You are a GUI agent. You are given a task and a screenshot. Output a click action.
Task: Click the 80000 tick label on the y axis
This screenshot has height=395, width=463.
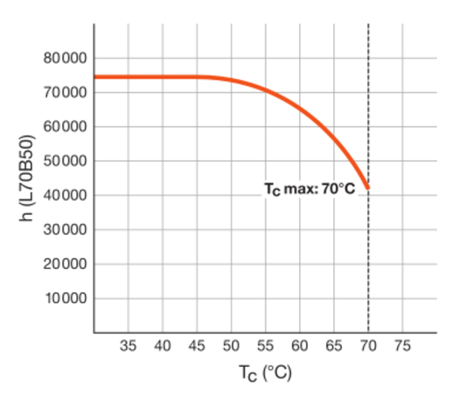tap(65, 58)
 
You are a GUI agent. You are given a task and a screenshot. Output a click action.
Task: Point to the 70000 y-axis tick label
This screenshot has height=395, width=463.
tap(65, 93)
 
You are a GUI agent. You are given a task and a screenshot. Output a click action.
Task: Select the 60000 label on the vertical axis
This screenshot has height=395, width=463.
tap(65, 127)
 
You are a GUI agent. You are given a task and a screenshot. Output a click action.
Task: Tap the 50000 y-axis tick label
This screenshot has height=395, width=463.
tap(65, 161)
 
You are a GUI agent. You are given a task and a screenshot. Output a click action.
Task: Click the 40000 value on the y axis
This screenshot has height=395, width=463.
tap(65, 195)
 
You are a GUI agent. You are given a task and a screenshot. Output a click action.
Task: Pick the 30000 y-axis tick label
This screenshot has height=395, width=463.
tap(65, 229)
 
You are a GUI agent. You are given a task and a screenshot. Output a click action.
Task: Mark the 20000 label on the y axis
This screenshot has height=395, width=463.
tap(65, 264)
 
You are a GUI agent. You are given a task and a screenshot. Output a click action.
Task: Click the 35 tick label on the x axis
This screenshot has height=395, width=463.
tap(128, 346)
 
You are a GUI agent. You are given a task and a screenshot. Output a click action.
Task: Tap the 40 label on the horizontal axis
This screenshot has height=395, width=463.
tap(163, 346)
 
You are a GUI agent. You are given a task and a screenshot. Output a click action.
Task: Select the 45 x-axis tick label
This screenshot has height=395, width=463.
tap(197, 346)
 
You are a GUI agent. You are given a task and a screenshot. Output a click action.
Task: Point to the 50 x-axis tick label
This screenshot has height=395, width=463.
tap(231, 346)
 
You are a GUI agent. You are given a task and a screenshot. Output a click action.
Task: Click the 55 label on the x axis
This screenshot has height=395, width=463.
tap(265, 346)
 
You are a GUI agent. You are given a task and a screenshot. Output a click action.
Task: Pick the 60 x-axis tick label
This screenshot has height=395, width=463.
tap(300, 346)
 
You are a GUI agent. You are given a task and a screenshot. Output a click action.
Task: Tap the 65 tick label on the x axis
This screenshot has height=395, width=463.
tap(334, 346)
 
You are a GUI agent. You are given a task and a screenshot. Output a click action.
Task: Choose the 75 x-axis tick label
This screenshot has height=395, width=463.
tap(402, 346)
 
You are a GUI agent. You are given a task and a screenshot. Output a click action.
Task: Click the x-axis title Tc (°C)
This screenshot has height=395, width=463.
tap(265, 373)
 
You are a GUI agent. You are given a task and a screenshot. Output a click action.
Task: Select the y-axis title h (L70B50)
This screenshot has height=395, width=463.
tap(28, 178)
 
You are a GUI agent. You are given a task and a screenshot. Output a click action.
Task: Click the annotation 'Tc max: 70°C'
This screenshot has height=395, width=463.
tap(309, 189)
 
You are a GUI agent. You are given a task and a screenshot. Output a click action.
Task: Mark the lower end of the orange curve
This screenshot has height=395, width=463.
tap(368, 188)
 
